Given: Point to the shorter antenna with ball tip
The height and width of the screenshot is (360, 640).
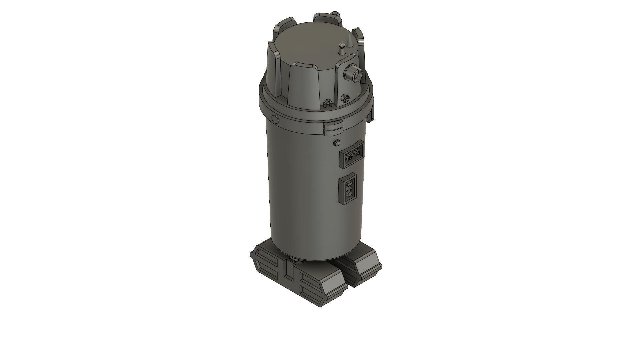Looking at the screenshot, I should tap(341, 49).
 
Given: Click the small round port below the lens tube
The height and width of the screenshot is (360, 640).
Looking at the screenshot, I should tap(345, 98).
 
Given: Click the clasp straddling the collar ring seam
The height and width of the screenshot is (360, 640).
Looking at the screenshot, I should tap(333, 128).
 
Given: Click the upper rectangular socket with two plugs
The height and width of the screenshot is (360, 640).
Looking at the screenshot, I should tap(351, 154).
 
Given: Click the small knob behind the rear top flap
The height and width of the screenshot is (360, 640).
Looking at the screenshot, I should tap(336, 14).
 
